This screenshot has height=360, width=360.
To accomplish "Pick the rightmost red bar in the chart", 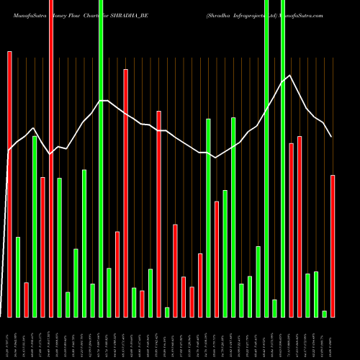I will click(x=333, y=246).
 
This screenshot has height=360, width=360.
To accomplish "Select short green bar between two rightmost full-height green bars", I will click(x=274, y=307).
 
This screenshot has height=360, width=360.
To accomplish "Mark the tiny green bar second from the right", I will click(x=324, y=313).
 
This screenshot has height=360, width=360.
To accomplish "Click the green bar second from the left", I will click(x=35, y=226).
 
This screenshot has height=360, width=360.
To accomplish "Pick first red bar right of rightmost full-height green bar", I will click(x=291, y=230).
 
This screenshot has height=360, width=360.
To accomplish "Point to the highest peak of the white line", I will click(x=289, y=76).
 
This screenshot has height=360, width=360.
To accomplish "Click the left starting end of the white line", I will click(x=8, y=151).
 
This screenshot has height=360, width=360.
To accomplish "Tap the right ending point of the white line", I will click(x=332, y=137).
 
